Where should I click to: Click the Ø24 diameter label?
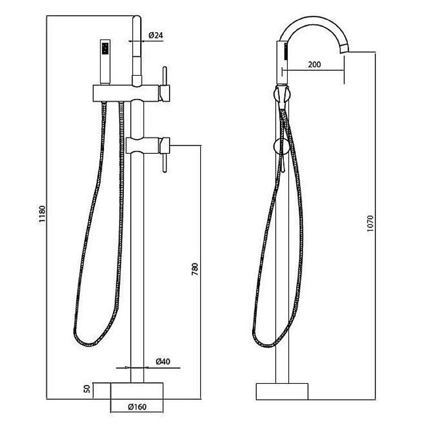155,35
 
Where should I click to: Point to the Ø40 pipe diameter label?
163,362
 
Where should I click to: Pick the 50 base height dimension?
86,390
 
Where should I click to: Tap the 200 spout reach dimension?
314,64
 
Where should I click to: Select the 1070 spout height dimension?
371,224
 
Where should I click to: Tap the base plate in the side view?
283,392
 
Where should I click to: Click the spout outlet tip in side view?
344,52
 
